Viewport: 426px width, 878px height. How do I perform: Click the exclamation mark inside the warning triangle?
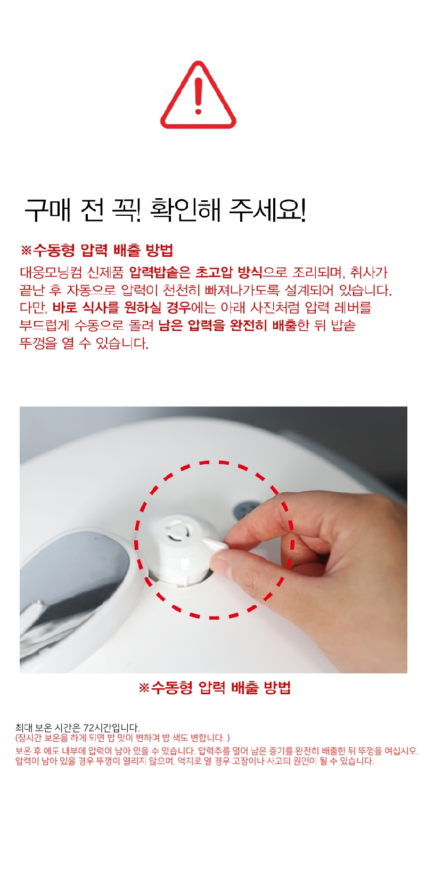pyautogui.click(x=198, y=96)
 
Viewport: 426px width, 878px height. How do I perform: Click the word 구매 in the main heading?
pyautogui.click(x=48, y=210)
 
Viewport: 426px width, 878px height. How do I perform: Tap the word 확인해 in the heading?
pyautogui.click(x=185, y=210)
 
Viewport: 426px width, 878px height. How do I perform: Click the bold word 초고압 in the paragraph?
pyautogui.click(x=214, y=272)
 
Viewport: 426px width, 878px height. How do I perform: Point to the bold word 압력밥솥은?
pyautogui.click(x=160, y=272)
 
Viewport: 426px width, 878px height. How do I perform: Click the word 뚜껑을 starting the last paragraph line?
pyautogui.click(x=38, y=343)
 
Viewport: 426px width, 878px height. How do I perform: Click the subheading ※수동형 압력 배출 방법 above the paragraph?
pyautogui.click(x=97, y=250)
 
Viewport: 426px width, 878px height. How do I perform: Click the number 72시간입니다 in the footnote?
pyautogui.click(x=112, y=728)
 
